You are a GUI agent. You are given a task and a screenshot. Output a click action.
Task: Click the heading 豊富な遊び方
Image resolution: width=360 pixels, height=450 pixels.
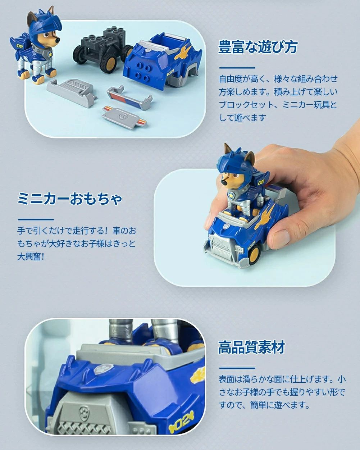[258, 47]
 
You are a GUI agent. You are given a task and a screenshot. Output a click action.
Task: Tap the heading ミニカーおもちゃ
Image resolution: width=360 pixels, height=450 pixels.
[70, 199]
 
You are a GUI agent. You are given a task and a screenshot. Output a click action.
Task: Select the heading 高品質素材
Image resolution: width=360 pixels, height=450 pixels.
[251, 347]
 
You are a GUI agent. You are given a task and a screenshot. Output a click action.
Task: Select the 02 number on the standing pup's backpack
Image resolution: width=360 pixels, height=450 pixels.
[20, 46]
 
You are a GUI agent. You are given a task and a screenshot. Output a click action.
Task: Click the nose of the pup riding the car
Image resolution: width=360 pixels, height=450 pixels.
[224, 183]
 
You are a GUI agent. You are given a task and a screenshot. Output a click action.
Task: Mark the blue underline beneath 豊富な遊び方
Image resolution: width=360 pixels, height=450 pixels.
[237, 68]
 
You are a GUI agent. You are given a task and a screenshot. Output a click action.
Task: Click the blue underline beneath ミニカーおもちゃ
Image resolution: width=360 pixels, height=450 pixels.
[36, 219]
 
